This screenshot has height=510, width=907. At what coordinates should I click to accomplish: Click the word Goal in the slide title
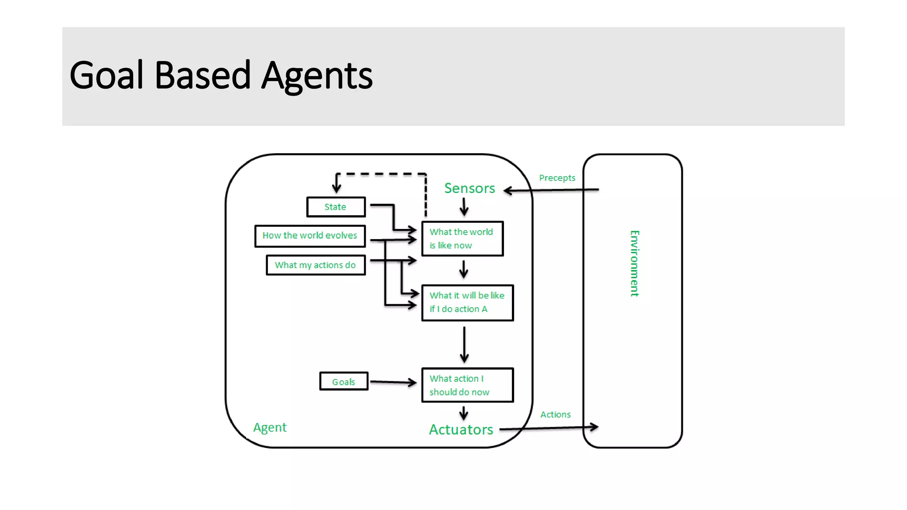pyautogui.click(x=106, y=76)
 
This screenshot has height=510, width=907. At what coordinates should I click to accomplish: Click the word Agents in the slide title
pyautogui.click(x=317, y=77)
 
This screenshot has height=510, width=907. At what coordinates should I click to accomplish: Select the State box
pyautogui.click(x=336, y=207)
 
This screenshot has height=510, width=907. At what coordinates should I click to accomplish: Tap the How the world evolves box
pyautogui.click(x=310, y=236)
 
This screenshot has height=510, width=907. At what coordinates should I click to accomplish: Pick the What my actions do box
pyautogui.click(x=315, y=265)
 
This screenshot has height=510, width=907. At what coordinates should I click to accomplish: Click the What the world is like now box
pyautogui.click(x=462, y=239)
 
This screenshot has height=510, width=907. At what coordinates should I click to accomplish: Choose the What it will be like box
pyautogui.click(x=467, y=302)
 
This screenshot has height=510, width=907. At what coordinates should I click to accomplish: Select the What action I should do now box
pyautogui.click(x=467, y=385)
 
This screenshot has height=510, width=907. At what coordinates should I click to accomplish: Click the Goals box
pyautogui.click(x=344, y=381)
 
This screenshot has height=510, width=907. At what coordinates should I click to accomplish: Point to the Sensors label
pyautogui.click(x=469, y=188)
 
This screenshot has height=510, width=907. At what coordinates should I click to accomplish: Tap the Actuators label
pyautogui.click(x=461, y=429)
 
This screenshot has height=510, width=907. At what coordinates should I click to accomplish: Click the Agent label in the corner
pyautogui.click(x=270, y=427)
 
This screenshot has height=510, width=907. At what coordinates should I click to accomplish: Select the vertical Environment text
pyautogui.click(x=634, y=263)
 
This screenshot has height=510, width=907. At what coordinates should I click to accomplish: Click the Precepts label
pyautogui.click(x=557, y=178)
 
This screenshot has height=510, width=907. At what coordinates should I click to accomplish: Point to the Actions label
pyautogui.click(x=555, y=414)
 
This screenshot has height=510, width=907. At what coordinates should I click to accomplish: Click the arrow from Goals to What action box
pyautogui.click(x=392, y=382)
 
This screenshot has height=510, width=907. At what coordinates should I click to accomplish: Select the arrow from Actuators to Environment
pyautogui.click(x=549, y=428)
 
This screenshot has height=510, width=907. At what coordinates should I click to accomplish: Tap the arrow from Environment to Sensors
pyautogui.click(x=551, y=190)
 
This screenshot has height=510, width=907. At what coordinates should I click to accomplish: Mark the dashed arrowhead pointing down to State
pyautogui.click(x=337, y=187)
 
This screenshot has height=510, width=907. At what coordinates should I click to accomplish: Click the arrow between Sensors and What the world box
pyautogui.click(x=464, y=207)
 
